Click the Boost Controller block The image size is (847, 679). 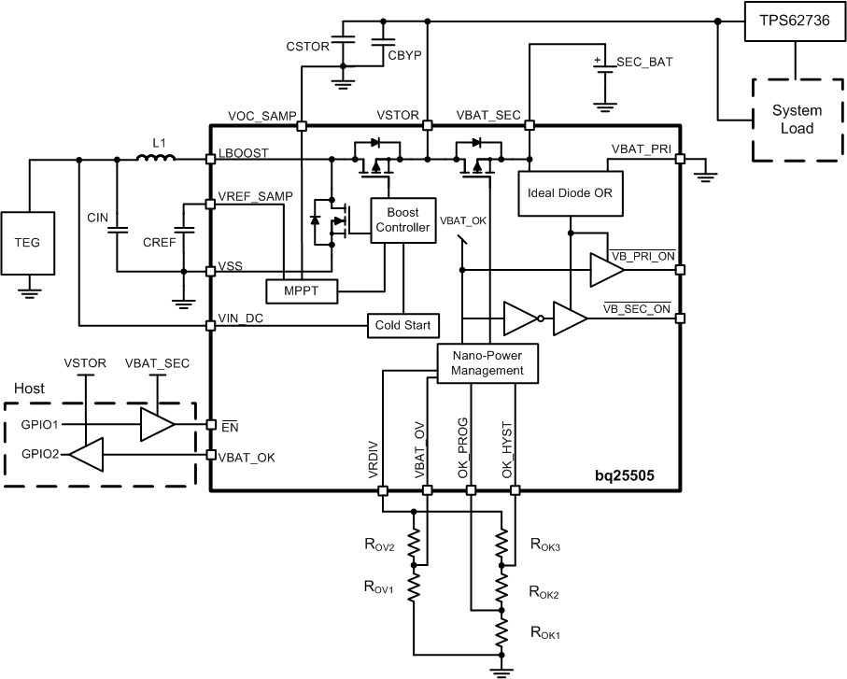(402, 221)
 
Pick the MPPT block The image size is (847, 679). (301, 291)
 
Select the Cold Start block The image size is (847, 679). (402, 325)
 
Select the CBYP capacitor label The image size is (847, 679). (404, 55)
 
